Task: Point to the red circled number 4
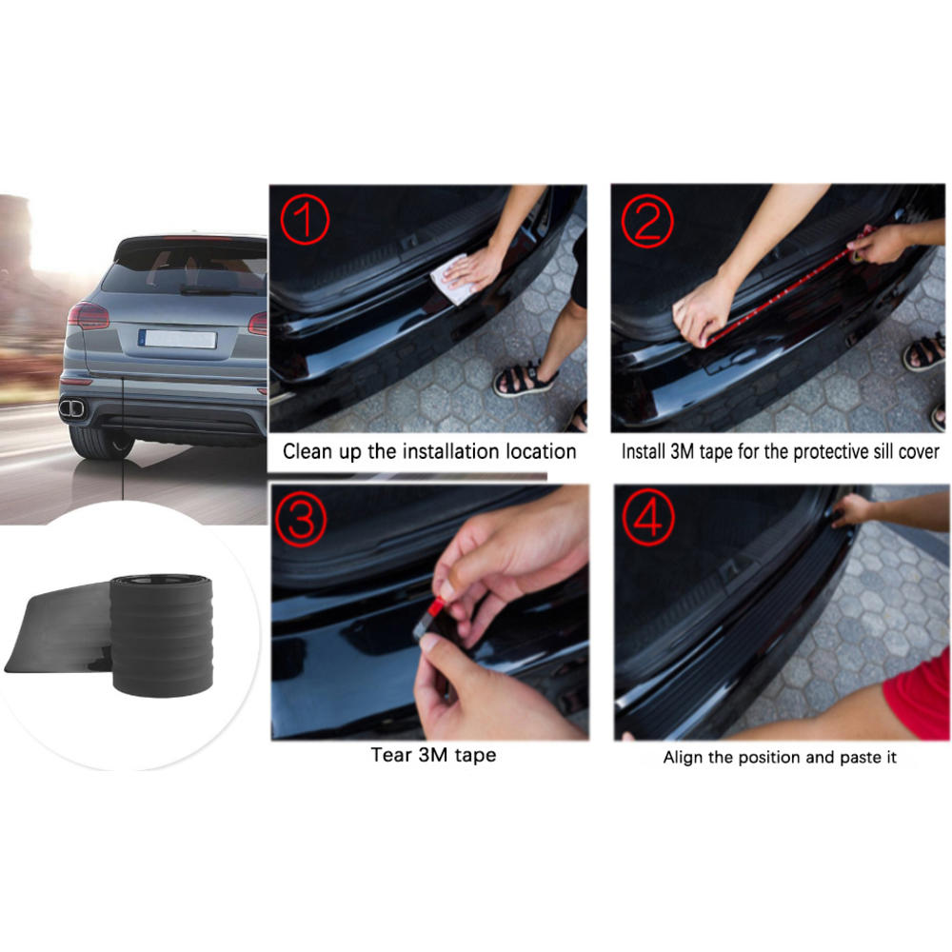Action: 647,520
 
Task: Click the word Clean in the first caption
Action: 307,451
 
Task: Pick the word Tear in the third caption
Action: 391,755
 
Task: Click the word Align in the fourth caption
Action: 684,758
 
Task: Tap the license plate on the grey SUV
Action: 178,339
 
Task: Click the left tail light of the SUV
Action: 88,316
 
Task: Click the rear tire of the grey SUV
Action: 99,441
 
